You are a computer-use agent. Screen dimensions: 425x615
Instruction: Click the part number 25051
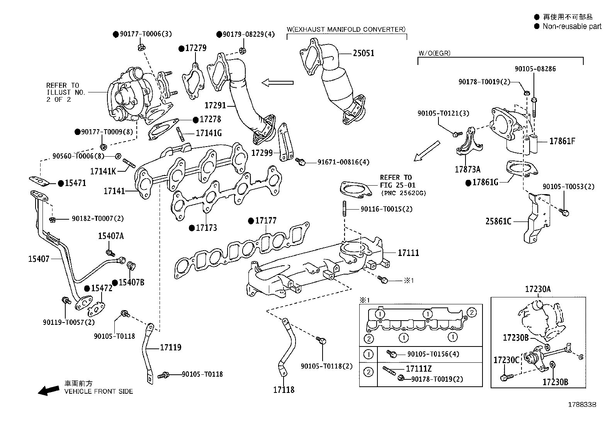[x=363, y=53]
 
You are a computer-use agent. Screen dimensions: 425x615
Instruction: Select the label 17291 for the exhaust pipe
[x=215, y=105]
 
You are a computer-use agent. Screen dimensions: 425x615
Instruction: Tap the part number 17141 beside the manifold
[x=114, y=191]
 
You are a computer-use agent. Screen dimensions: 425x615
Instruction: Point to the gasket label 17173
[x=206, y=228]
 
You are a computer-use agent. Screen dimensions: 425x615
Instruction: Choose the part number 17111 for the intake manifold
[x=408, y=253]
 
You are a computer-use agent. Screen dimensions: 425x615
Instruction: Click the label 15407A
[x=110, y=236]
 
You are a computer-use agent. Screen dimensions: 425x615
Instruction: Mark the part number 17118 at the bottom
[x=284, y=390]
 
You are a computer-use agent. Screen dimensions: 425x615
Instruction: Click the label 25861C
[x=498, y=222]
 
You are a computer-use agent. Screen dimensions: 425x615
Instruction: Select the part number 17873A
[x=468, y=169]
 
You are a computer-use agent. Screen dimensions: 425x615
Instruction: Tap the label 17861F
[x=562, y=141]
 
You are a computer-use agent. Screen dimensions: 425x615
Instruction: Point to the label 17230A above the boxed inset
[x=538, y=289]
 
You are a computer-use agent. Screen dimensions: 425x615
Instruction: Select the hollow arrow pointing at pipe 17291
[x=277, y=82]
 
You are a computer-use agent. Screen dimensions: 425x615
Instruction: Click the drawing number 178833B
[x=582, y=405]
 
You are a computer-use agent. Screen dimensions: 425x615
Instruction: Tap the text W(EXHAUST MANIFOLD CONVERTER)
[x=346, y=29]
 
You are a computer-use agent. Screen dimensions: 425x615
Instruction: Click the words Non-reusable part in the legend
[x=572, y=26]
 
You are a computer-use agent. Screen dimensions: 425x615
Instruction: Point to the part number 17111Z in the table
[x=418, y=369]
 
